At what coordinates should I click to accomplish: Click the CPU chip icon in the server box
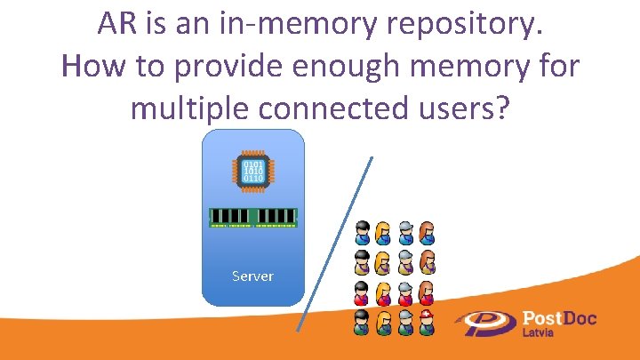pyautogui.click(x=253, y=171)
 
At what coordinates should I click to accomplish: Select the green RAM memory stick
pyautogui.click(x=253, y=216)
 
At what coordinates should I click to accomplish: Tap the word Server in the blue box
pyautogui.click(x=253, y=276)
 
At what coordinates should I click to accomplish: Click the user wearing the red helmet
pyautogui.click(x=428, y=321)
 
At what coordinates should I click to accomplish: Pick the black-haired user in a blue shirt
pyautogui.click(x=362, y=233)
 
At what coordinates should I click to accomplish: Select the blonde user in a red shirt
pyautogui.click(x=383, y=292)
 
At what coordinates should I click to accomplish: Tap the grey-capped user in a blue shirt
pyautogui.click(x=405, y=233)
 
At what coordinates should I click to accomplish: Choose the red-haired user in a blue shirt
pyautogui.click(x=427, y=233)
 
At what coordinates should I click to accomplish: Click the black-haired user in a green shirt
pyautogui.click(x=362, y=321)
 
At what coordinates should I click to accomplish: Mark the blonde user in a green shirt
pyautogui.click(x=383, y=321)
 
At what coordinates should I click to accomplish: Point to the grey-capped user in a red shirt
pyautogui.click(x=405, y=292)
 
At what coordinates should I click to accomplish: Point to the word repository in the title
pyautogui.click(x=468, y=27)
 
